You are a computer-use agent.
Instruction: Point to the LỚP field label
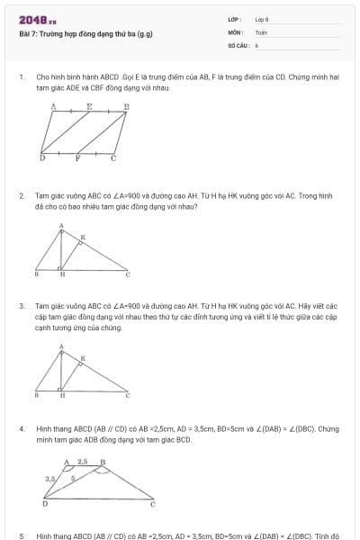pos(235,19)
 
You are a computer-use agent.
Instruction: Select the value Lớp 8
pos(262,19)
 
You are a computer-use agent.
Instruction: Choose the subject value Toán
pos(261,31)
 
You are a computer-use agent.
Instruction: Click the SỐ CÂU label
pos(237,44)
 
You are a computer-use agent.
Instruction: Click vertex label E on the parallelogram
pos(88,105)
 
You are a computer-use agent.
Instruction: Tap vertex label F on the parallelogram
pos(77,157)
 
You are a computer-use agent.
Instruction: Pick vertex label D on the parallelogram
pos(41,157)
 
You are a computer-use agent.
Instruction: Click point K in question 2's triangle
pos(84,238)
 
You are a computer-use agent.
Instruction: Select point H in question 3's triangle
pos(62,394)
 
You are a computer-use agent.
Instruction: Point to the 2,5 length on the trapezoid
pos(83,461)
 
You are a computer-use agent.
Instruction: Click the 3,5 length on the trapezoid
pos(49,479)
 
